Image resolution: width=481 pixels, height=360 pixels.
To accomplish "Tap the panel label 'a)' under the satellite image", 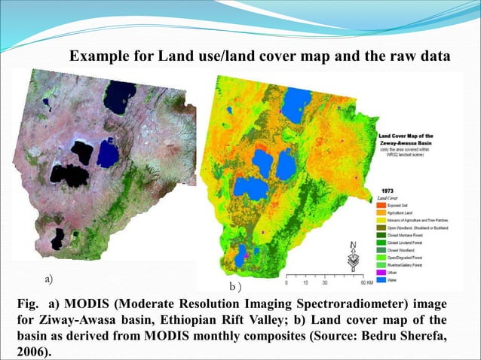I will click(49, 279).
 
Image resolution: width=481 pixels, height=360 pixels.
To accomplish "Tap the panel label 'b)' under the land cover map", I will click(235, 288).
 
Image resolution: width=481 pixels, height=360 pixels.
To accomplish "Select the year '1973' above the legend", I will click(386, 191).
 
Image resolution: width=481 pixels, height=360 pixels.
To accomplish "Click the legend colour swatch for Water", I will click(381, 279).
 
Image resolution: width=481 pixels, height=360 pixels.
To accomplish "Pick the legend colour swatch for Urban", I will click(381, 271).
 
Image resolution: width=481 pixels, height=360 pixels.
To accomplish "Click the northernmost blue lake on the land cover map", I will click(296, 102).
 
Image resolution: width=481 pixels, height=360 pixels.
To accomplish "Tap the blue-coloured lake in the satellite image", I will click(108, 154).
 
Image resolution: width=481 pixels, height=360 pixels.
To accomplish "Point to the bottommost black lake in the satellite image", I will click(57, 239).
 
